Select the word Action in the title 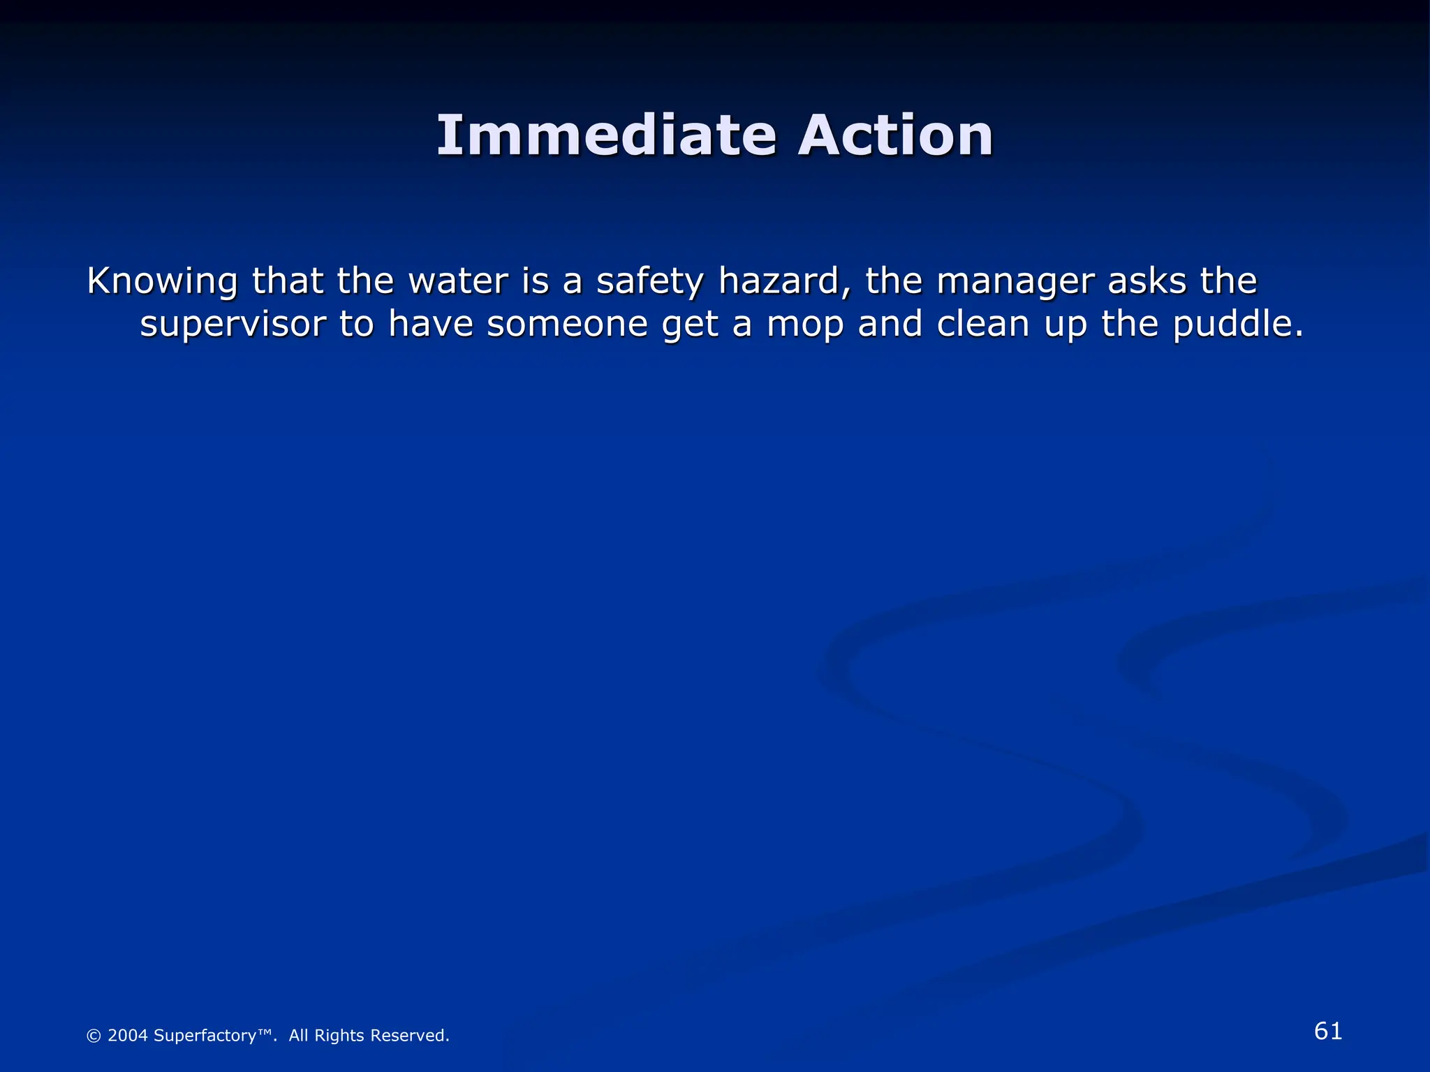895,135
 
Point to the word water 458,281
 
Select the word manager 1016,282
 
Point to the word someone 568,325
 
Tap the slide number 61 1328,1031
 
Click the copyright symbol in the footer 94,1036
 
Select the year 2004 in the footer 128,1036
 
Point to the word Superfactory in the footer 205,1036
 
